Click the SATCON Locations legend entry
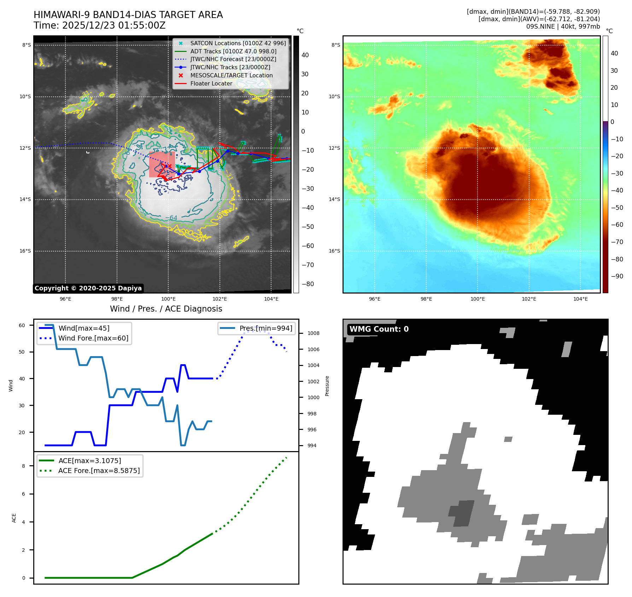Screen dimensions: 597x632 [x=238, y=43]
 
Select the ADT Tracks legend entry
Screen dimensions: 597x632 [x=233, y=51]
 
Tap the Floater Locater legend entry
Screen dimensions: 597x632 [x=211, y=83]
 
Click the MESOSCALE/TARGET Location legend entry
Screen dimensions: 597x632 [x=231, y=75]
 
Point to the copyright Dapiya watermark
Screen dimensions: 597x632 [x=88, y=288]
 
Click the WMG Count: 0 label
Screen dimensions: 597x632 [x=379, y=329]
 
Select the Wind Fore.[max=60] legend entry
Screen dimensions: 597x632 [x=93, y=338]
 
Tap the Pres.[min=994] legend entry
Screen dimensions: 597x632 [x=265, y=328]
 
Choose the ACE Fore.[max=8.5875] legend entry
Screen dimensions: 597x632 [x=99, y=471]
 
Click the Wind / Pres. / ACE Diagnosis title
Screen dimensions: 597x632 [x=166, y=309]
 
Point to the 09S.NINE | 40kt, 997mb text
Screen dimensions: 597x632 [x=563, y=26]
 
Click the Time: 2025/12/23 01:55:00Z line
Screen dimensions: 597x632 [x=100, y=25]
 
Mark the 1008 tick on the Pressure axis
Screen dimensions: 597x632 [x=313, y=333]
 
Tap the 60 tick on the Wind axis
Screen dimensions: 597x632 [x=22, y=325]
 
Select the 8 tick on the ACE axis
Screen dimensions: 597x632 [x=24, y=466]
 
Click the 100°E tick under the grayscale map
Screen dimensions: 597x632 [x=168, y=299]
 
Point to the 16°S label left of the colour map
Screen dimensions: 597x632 [x=334, y=251]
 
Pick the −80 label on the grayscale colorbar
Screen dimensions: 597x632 [x=307, y=284]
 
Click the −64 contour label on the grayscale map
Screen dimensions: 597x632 [x=171, y=218]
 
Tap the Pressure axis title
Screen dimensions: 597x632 [x=327, y=386]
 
